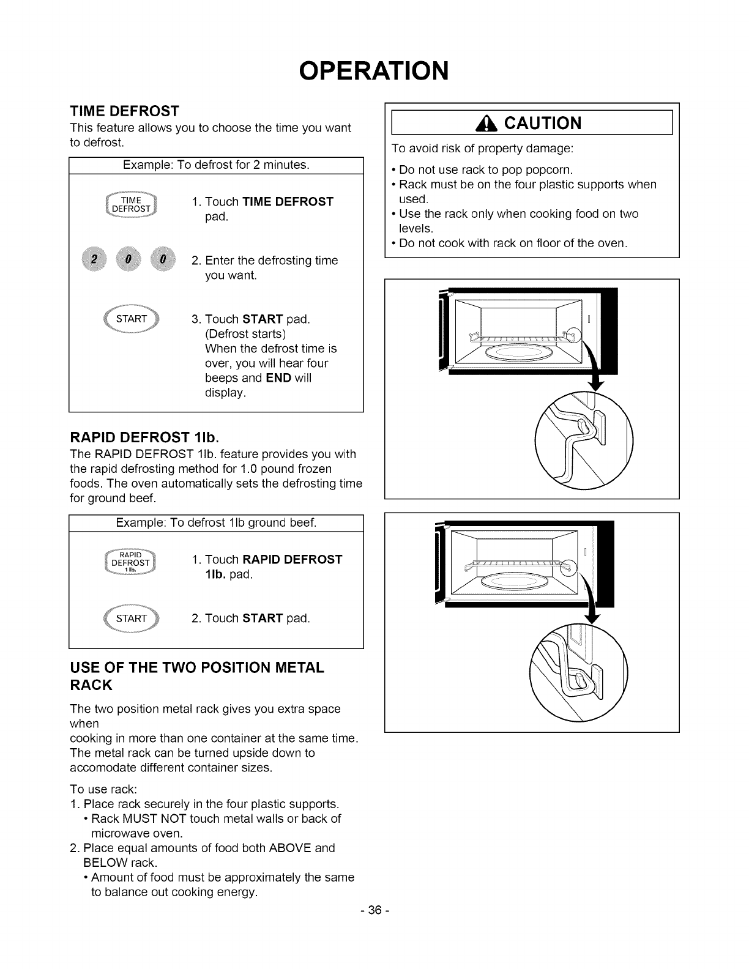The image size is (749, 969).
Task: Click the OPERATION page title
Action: [374, 70]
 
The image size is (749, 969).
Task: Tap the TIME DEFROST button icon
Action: [131, 204]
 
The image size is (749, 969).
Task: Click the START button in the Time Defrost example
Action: [131, 319]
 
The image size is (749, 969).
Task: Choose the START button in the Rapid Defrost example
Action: [131, 618]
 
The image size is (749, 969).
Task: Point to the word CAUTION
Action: [543, 124]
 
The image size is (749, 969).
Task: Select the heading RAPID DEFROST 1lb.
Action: [144, 437]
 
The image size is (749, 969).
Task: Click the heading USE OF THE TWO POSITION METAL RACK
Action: [196, 675]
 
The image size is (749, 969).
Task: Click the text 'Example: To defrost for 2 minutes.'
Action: [216, 165]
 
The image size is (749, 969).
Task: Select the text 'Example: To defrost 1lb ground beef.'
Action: [216, 523]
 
